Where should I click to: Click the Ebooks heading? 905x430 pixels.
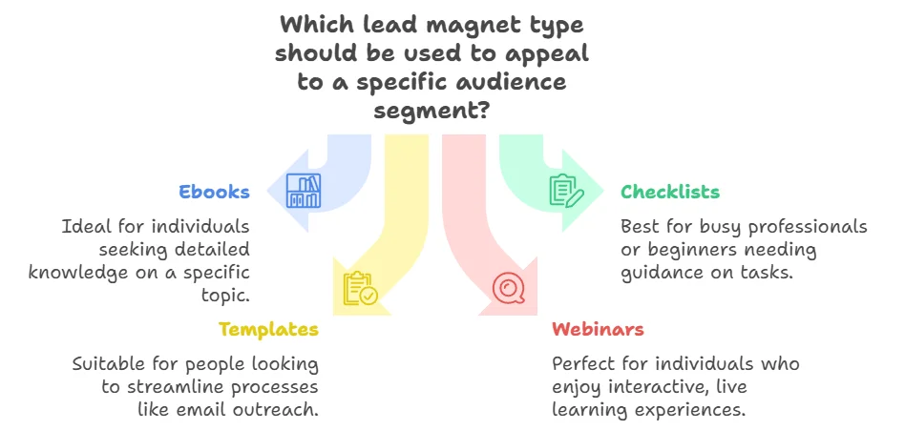(214, 192)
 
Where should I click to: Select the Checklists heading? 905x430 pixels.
(670, 192)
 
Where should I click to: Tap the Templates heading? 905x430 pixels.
(268, 330)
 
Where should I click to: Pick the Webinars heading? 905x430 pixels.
(598, 330)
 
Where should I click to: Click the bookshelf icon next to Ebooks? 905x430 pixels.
(305, 191)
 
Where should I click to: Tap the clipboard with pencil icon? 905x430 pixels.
(565, 191)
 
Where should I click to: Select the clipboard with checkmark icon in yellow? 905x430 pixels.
(360, 288)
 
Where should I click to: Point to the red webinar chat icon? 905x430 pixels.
(507, 288)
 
